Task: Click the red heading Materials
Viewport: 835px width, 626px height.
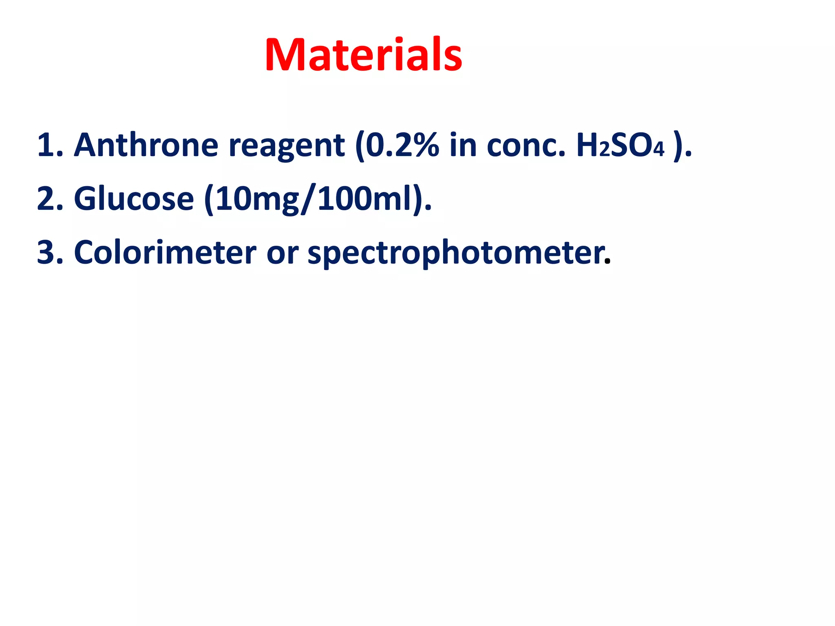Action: tap(363, 55)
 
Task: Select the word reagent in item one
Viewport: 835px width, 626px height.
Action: tap(287, 146)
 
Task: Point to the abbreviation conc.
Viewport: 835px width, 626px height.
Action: tap(526, 146)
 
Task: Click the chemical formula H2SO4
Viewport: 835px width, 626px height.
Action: tap(620, 146)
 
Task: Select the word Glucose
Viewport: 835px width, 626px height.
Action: tap(134, 199)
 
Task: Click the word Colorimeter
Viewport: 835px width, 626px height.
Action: tap(165, 253)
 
